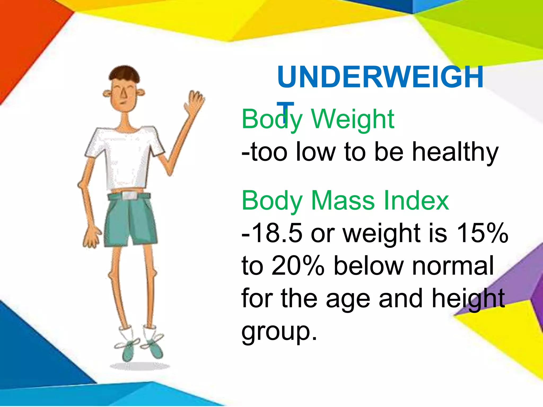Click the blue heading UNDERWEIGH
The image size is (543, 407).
(x=380, y=77)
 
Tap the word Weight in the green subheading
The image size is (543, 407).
(x=353, y=120)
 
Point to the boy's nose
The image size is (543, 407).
(x=123, y=93)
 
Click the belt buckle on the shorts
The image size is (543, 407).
(x=129, y=196)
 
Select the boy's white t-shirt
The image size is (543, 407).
(x=125, y=156)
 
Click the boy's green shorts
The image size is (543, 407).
(x=130, y=220)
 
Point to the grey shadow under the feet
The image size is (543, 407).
(x=140, y=366)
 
